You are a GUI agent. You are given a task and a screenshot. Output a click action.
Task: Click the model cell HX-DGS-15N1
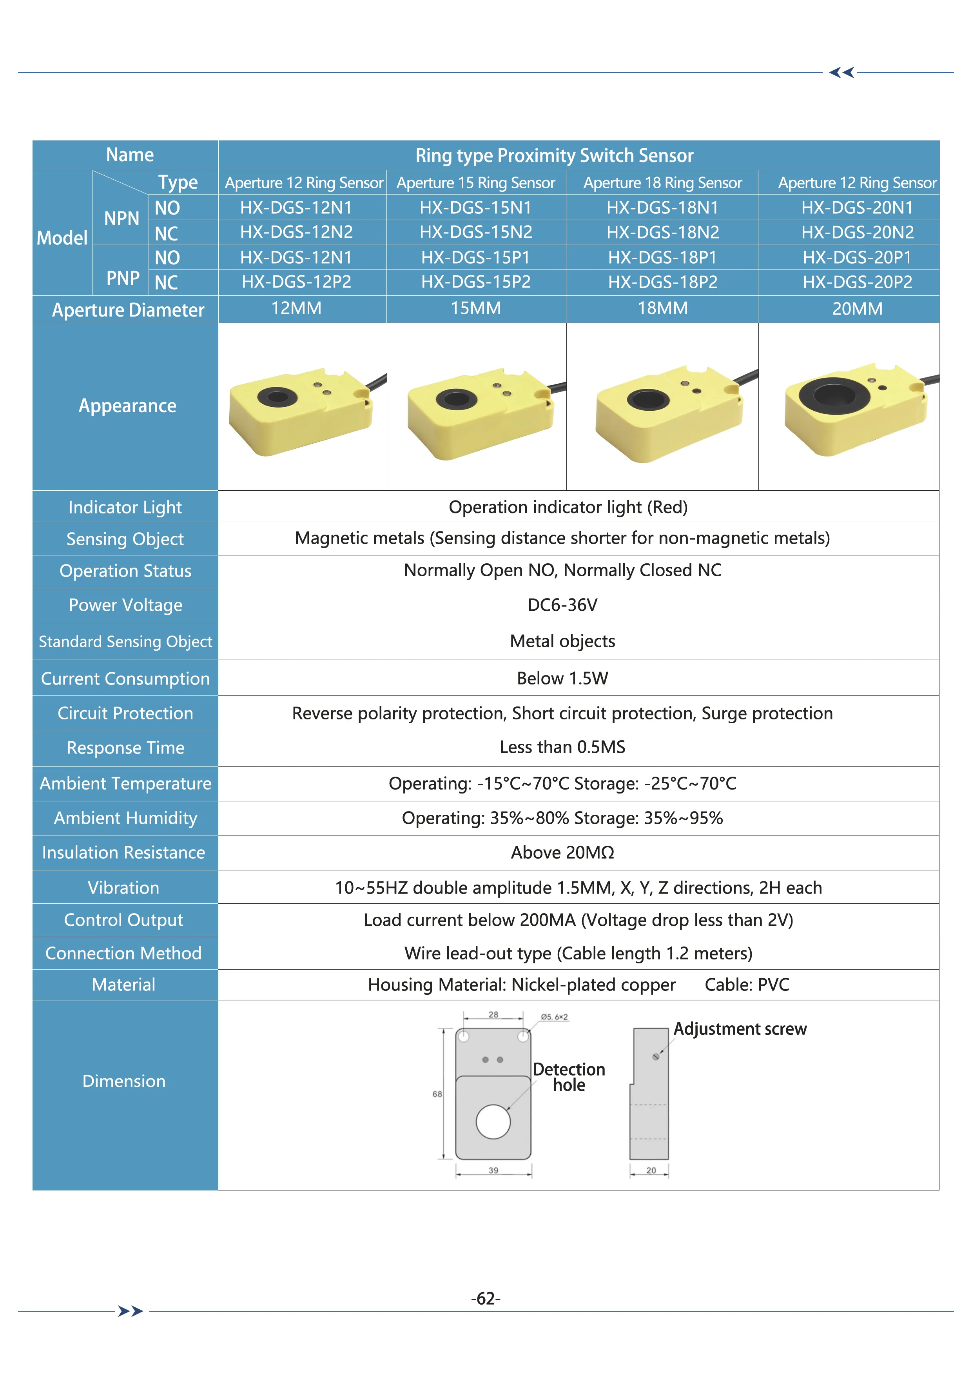475,207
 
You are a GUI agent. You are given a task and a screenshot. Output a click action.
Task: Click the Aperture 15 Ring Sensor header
475,183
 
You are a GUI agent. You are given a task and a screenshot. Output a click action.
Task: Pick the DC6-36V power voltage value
562,605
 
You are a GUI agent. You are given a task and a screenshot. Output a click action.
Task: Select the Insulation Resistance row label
123,852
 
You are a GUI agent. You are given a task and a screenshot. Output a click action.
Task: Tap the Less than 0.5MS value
562,747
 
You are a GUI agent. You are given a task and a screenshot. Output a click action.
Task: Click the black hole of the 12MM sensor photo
277,396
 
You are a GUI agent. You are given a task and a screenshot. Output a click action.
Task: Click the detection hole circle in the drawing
493,1121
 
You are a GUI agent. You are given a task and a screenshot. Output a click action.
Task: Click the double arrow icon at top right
841,73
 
